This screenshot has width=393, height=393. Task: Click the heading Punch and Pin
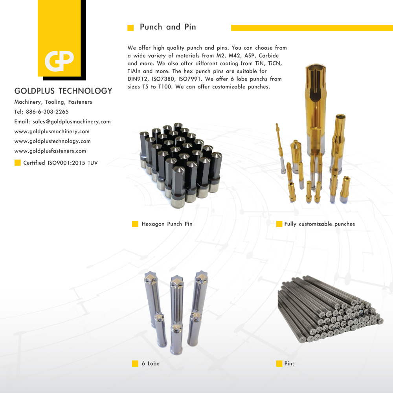tap(168, 27)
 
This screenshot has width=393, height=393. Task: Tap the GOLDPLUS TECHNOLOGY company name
tap(63, 91)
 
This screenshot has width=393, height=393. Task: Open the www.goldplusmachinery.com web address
tap(52, 131)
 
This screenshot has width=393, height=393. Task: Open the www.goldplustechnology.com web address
tap(52, 141)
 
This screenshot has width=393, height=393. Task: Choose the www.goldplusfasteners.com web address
tap(50, 151)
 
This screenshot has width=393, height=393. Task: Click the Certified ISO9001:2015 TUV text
tap(61, 163)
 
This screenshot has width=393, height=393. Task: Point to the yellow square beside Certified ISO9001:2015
tap(17, 163)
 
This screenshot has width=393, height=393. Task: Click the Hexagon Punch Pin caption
tap(167, 224)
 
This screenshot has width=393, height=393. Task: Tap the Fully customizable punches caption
tap(320, 224)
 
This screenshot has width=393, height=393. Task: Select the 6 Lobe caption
tap(151, 364)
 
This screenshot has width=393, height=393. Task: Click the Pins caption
tap(289, 364)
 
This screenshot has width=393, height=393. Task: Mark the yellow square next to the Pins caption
tap(279, 364)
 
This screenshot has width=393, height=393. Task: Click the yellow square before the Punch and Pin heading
tap(131, 28)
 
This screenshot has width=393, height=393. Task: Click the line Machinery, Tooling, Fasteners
tap(53, 102)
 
